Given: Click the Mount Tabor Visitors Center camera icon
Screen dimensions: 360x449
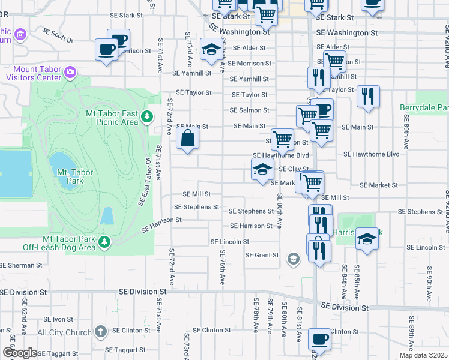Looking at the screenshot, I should click(70, 72).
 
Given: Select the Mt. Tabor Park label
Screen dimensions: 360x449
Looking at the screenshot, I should click(75, 176).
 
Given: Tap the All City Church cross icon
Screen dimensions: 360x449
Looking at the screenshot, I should click(100, 332).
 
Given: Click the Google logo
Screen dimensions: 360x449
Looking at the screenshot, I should click(19, 352).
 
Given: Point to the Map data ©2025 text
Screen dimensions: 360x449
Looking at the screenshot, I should click(424, 355).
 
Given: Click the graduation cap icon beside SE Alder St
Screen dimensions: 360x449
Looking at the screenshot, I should click(211, 50).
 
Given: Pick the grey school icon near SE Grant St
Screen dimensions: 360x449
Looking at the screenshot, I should click(294, 259).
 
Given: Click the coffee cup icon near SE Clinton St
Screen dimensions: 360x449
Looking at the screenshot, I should click(319, 340).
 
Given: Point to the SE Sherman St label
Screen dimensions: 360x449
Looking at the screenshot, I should click(21, 265).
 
